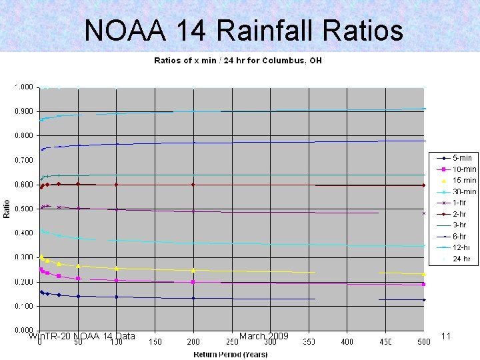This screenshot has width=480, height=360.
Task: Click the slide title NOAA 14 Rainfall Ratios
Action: pos(243,30)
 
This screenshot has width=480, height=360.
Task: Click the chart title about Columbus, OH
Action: pos(238,61)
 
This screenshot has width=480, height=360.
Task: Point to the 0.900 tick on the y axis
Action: pos(25,111)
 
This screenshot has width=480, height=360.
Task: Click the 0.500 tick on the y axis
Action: pos(25,209)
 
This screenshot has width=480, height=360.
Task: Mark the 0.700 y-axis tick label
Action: pos(25,160)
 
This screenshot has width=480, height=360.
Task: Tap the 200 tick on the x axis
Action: pos(193,342)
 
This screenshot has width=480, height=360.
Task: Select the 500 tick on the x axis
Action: pos(423,342)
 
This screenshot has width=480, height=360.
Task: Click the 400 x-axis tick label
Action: pos(347,342)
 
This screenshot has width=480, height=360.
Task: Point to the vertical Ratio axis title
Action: pos(7,209)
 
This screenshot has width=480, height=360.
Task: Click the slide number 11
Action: pos(446,336)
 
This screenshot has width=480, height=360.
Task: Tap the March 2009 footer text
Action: pos(263,336)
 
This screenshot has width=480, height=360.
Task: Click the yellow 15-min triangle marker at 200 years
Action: pos(193,270)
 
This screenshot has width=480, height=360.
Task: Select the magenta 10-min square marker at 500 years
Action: pos(423,284)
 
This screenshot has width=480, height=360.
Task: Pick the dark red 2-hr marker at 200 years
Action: pos(193,185)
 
